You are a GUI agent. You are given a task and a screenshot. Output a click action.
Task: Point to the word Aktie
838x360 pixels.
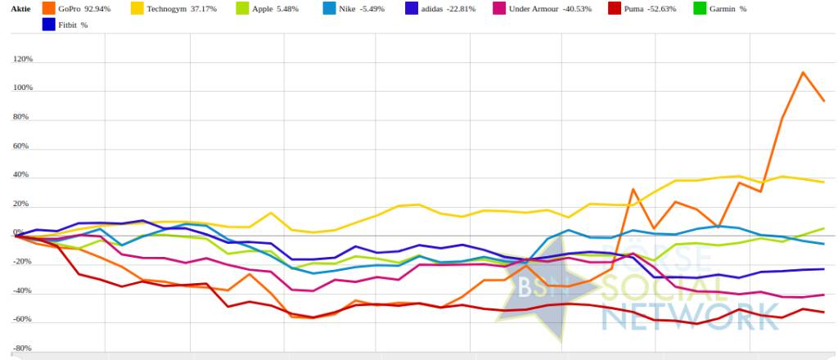pyautogui.click(x=20, y=9)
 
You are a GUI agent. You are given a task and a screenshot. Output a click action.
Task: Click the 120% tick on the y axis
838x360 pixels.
pyautogui.click(x=22, y=60)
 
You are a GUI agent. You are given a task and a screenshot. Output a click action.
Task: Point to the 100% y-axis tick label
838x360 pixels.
pyautogui.click(x=22, y=88)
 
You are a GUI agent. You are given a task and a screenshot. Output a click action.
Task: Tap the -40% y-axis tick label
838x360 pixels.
pyautogui.click(x=22, y=291)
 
